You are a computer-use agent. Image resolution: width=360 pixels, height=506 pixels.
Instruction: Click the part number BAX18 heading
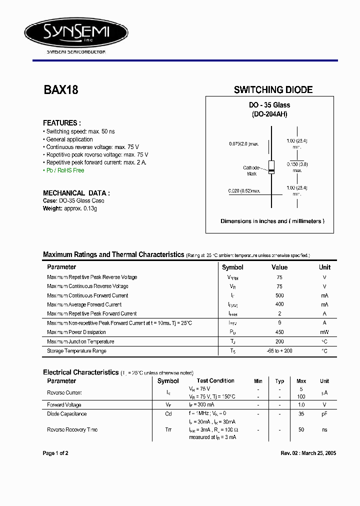coord(60,90)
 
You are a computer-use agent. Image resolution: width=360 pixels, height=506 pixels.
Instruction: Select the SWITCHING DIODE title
coord(273,90)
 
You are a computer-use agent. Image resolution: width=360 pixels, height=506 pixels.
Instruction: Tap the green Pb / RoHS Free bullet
coord(65,170)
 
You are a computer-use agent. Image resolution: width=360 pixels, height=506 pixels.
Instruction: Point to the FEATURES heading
coord(62,123)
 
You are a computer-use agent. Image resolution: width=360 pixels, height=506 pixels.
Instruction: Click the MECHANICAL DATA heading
coord(76,193)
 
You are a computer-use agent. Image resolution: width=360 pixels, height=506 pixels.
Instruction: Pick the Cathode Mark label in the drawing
coord(251,170)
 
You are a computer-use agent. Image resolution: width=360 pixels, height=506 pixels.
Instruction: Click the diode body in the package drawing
coord(271,167)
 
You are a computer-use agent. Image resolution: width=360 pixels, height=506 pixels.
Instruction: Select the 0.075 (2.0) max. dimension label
coord(244,144)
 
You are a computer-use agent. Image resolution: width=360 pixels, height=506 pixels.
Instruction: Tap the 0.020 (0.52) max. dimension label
coord(244,191)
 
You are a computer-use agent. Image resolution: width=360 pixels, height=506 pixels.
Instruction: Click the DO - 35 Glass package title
coord(269,105)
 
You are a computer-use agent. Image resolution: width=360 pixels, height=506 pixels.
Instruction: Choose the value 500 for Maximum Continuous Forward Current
coord(279,295)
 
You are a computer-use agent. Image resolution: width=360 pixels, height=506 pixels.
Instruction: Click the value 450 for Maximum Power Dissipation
coord(279,332)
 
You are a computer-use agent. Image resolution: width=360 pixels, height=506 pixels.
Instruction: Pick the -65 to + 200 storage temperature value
coord(279,351)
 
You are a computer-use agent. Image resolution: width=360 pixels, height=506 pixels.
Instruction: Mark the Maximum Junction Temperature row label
coord(80,341)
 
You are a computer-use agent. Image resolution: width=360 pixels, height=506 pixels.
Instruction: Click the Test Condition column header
coord(215,381)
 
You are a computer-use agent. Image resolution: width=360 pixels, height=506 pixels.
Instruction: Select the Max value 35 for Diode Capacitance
coord(301,414)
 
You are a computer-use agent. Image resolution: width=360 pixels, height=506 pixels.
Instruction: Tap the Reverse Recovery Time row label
coord(72,430)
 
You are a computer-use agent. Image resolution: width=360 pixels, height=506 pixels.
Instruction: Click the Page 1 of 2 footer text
coord(55,453)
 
